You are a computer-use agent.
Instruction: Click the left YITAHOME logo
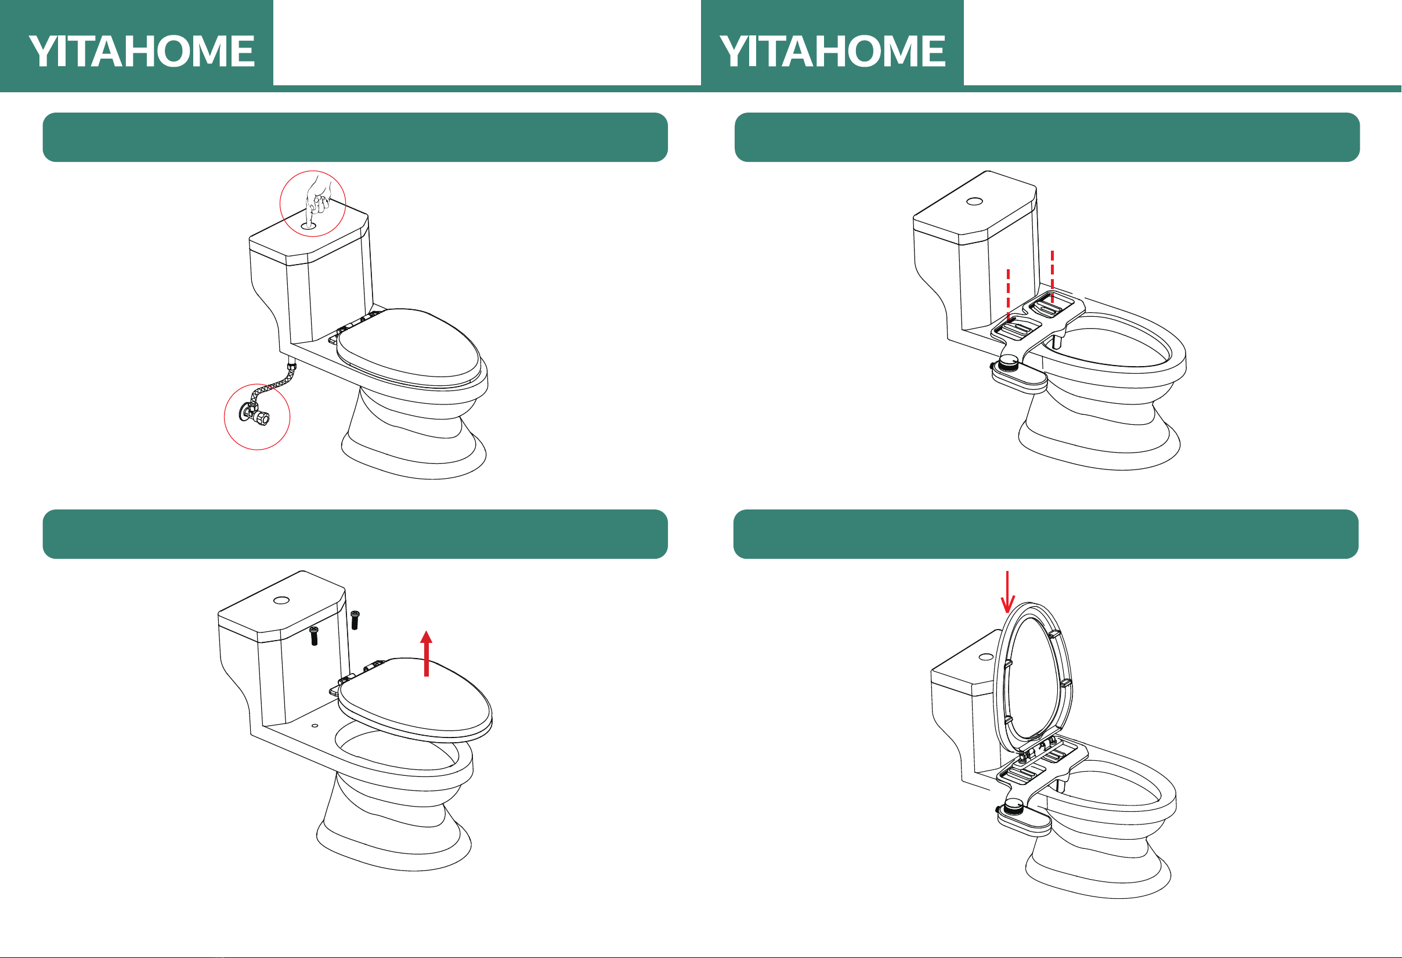pyautogui.click(x=142, y=50)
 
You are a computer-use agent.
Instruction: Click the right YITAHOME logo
pyautogui.click(x=833, y=50)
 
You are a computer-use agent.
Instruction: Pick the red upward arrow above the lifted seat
pyautogui.click(x=427, y=653)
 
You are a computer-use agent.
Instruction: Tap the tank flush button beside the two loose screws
pyautogui.click(x=281, y=600)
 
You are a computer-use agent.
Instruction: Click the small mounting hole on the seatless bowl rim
pyautogui.click(x=315, y=726)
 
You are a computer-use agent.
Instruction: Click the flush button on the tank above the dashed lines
pyautogui.click(x=974, y=201)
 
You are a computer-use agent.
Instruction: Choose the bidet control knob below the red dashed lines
pyautogui.click(x=1008, y=363)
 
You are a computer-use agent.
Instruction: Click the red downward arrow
pyautogui.click(x=1007, y=592)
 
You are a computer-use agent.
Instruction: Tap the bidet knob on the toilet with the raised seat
pyautogui.click(x=1014, y=805)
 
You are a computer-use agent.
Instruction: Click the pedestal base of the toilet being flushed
pyautogui.click(x=414, y=446)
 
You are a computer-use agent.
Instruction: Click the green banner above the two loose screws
pyautogui.click(x=355, y=534)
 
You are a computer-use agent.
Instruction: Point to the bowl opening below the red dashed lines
pyautogui.click(x=1110, y=347)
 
